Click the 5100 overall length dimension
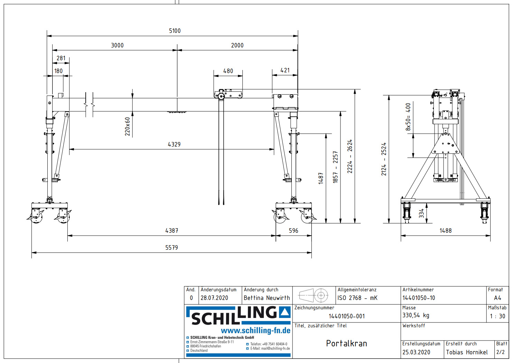click(x=175, y=31)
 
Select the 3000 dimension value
click(x=117, y=45)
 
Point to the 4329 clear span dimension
click(x=174, y=144)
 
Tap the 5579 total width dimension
click(x=171, y=248)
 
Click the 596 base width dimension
click(x=293, y=231)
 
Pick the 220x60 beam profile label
click(x=128, y=126)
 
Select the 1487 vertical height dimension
click(x=321, y=178)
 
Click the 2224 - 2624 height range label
click(x=350, y=156)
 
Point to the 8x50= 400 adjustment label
click(x=408, y=117)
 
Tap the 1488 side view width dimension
click(x=445, y=231)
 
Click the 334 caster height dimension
click(x=421, y=213)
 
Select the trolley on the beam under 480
click(x=228, y=94)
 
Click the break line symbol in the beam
click(x=89, y=104)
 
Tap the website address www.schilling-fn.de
click(x=255, y=330)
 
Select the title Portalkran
click(x=346, y=343)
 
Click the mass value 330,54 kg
click(x=416, y=315)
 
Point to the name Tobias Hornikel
click(x=467, y=352)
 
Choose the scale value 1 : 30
click(x=497, y=316)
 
